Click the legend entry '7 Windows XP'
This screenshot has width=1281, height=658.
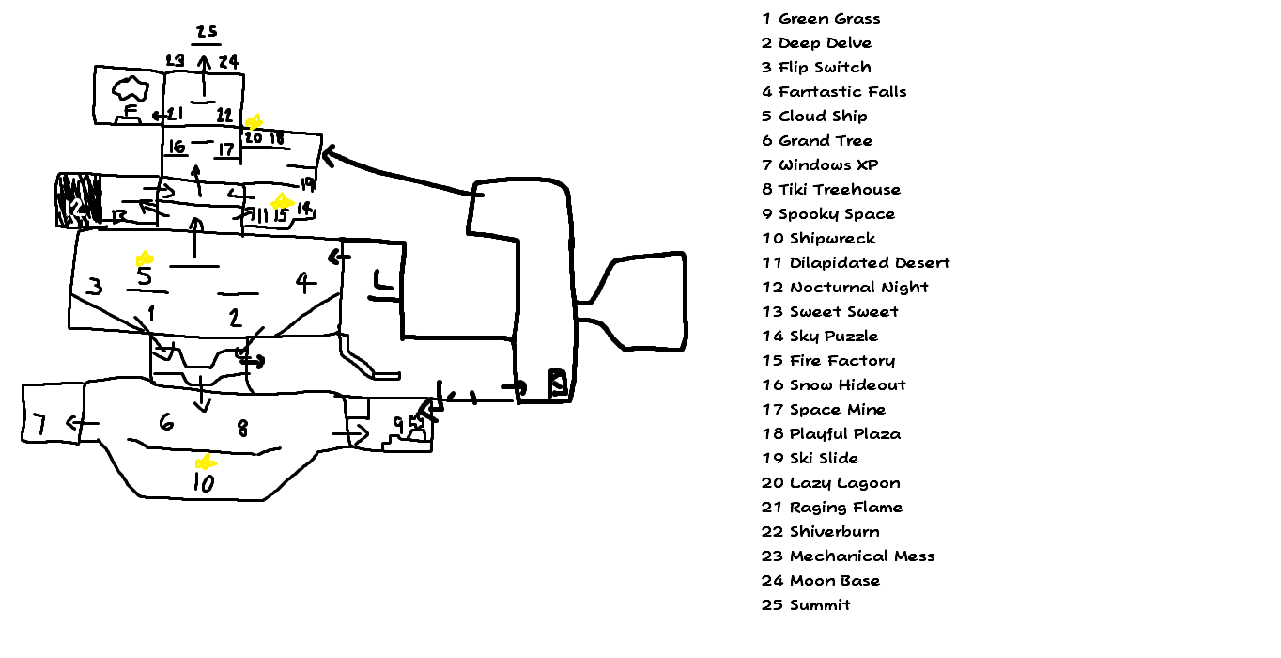coord(820,165)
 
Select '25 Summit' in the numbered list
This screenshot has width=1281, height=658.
coord(806,605)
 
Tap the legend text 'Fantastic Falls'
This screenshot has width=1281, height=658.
coord(842,92)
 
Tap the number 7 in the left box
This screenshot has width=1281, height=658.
coord(39,424)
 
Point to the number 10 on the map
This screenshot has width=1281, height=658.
coord(203,483)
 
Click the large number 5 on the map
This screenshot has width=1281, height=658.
coord(144,277)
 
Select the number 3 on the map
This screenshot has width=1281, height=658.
coord(94,287)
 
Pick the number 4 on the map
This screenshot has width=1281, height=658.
coord(302,282)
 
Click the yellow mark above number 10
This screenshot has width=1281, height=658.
coord(204,462)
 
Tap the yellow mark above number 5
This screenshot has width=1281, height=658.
coord(145,258)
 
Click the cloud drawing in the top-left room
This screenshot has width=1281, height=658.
coord(131,90)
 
